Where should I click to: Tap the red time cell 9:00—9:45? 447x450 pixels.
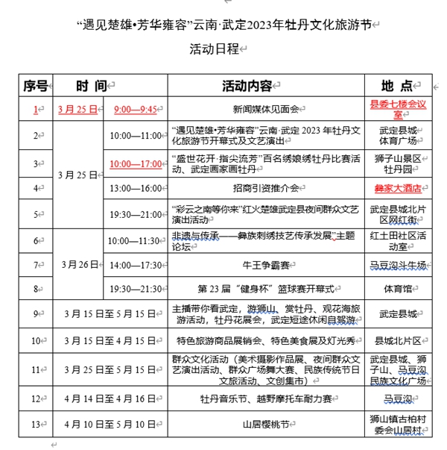click(x=135, y=109)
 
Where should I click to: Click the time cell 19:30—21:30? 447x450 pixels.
click(x=135, y=288)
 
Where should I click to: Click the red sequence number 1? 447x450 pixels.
click(x=35, y=109)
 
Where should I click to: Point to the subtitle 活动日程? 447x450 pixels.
click(x=213, y=49)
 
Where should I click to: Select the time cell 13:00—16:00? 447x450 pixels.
click(x=135, y=188)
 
